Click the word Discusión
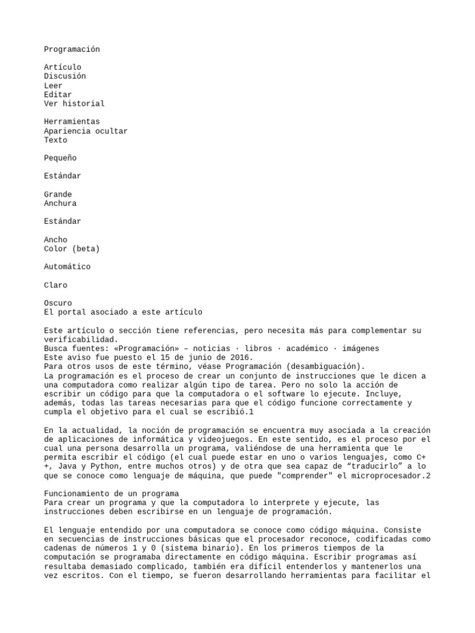65,76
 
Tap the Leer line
53,85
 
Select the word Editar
58,95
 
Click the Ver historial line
74,103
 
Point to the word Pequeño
60,158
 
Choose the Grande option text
58,194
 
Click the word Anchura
60,203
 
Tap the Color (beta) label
72,249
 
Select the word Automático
67,267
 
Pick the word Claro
56,286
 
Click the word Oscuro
58,304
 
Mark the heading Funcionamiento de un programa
111,493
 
